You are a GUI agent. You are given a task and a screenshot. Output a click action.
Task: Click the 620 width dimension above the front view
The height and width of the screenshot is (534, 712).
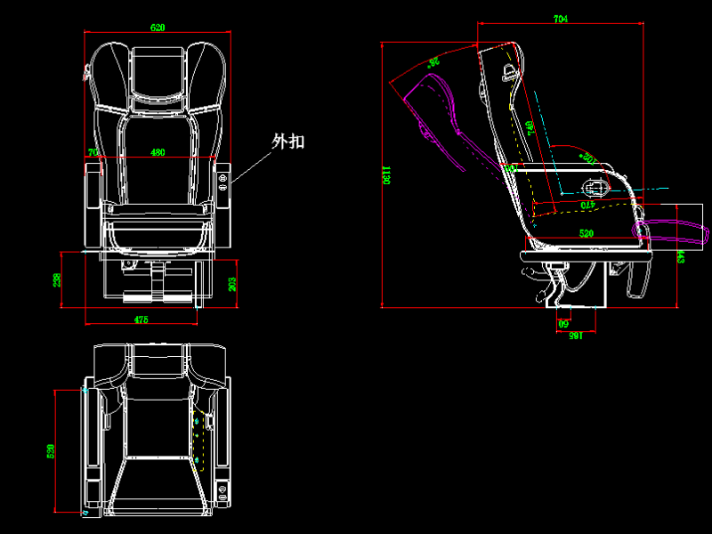tap(158, 28)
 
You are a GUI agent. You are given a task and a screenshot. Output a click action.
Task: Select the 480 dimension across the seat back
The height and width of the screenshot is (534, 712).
tap(158, 152)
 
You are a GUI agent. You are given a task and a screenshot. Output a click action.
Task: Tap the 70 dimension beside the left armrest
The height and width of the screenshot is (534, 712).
tap(93, 152)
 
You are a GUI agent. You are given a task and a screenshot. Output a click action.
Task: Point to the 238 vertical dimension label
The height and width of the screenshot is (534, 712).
tap(57, 280)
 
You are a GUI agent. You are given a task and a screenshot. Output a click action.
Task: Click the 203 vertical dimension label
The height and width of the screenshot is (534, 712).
tap(233, 284)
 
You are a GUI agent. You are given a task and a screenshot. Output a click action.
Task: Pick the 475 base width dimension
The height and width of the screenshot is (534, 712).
tap(141, 319)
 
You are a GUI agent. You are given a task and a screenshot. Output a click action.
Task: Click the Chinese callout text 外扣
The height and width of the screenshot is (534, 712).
tap(288, 141)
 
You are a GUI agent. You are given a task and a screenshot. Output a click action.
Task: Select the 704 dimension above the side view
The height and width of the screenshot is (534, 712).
tap(561, 19)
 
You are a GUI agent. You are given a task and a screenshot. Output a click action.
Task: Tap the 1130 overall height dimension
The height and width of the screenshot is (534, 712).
tap(386, 174)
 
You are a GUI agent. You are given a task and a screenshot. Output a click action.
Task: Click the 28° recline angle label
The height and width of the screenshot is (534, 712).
tap(434, 62)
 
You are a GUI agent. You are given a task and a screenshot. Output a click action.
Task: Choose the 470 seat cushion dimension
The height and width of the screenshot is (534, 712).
tap(587, 206)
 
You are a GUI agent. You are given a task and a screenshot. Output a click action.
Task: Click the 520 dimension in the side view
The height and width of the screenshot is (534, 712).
tap(587, 233)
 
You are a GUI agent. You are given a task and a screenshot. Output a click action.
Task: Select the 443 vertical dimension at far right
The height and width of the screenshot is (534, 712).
tap(681, 256)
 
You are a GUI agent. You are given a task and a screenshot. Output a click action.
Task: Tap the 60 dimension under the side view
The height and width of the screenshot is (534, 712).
tap(562, 324)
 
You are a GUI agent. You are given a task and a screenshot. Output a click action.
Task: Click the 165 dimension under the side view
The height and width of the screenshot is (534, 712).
tap(575, 336)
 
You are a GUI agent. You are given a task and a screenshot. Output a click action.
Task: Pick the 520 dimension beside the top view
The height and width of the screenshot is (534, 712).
tap(51, 451)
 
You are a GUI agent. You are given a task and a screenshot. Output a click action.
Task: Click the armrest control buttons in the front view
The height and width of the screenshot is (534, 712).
tap(222, 182)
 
